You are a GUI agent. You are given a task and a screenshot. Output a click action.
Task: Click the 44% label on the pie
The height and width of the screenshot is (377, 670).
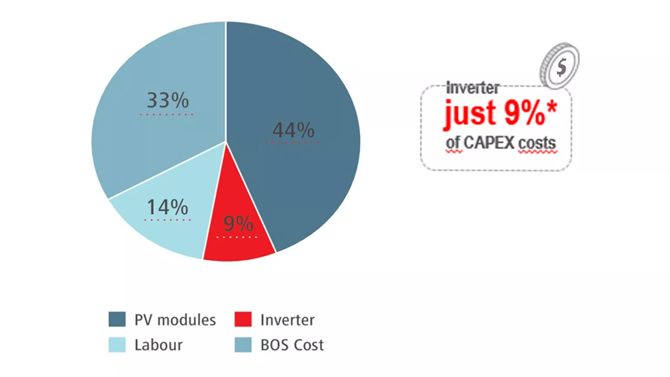click(x=293, y=130)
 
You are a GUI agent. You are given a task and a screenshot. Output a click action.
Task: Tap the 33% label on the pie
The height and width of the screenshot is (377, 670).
click(x=168, y=100)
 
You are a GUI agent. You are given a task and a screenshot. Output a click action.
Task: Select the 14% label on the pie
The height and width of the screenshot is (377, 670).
click(x=167, y=207)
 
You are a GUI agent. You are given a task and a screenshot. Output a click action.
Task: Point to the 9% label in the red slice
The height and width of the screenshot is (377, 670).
click(x=238, y=223)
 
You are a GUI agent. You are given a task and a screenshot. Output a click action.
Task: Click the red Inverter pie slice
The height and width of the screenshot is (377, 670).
click(x=238, y=239)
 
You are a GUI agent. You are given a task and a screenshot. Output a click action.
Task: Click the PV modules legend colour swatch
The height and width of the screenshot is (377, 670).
click(x=117, y=319)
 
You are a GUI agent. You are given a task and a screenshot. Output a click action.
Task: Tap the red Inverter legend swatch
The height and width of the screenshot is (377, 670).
click(x=243, y=319)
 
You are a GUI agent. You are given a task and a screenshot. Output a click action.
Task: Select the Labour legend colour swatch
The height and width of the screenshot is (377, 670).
click(x=117, y=345)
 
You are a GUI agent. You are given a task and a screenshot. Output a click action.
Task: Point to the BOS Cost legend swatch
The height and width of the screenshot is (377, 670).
click(x=243, y=345)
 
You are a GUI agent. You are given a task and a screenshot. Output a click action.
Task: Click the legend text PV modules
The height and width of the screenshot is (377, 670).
click(x=175, y=320)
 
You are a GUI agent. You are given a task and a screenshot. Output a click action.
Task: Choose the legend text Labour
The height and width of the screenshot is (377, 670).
click(x=158, y=345)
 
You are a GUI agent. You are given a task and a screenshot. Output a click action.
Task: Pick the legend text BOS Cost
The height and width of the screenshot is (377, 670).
click(x=292, y=345)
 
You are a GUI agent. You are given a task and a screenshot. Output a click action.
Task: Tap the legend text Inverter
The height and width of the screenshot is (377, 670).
click(x=288, y=320)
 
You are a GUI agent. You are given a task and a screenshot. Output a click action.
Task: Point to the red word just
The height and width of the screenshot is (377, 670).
click(x=471, y=114)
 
